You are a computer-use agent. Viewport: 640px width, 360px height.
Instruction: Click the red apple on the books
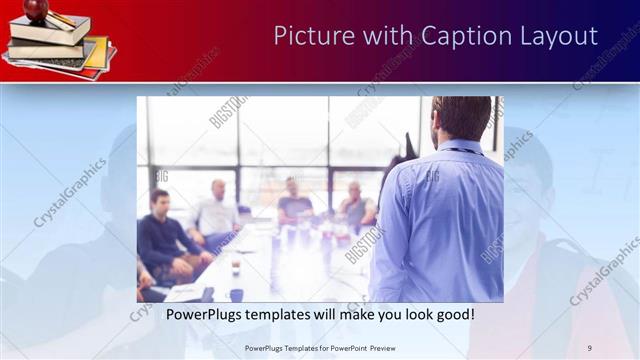click(37, 10)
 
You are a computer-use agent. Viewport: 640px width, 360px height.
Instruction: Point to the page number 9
click(590, 348)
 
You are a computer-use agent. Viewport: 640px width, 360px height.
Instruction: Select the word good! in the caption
click(453, 314)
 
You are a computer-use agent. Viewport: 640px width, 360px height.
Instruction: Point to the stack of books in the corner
click(55, 45)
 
